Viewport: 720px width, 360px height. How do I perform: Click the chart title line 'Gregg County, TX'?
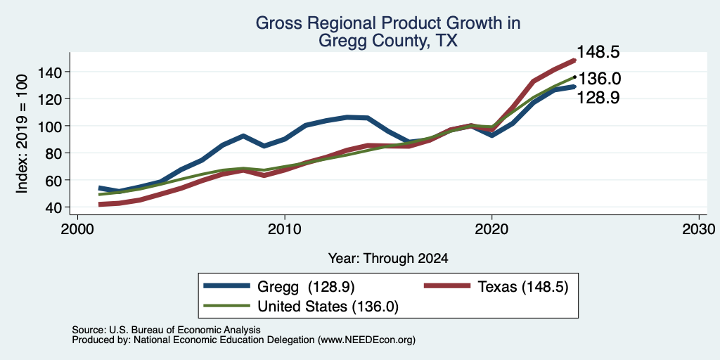pos(387,41)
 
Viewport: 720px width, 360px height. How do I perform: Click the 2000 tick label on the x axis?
pos(77,229)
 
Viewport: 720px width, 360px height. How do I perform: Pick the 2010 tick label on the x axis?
pos(285,229)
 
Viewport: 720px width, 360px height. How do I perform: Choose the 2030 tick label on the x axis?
pos(699,229)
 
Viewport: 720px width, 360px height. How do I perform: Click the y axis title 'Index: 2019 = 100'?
pos(22,134)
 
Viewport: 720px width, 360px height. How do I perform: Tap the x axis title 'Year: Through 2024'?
pos(388,259)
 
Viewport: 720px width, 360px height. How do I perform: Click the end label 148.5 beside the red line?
pos(598,52)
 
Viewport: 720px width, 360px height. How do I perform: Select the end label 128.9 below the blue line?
pos(598,97)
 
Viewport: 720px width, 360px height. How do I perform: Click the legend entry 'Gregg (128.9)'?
pos(306,287)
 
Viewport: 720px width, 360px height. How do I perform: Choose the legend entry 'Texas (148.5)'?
pos(523,287)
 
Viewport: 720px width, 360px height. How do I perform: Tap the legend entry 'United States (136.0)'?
pos(328,307)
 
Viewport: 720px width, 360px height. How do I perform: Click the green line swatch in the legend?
pos(227,306)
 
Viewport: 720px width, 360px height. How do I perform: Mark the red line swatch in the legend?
pos(447,286)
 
